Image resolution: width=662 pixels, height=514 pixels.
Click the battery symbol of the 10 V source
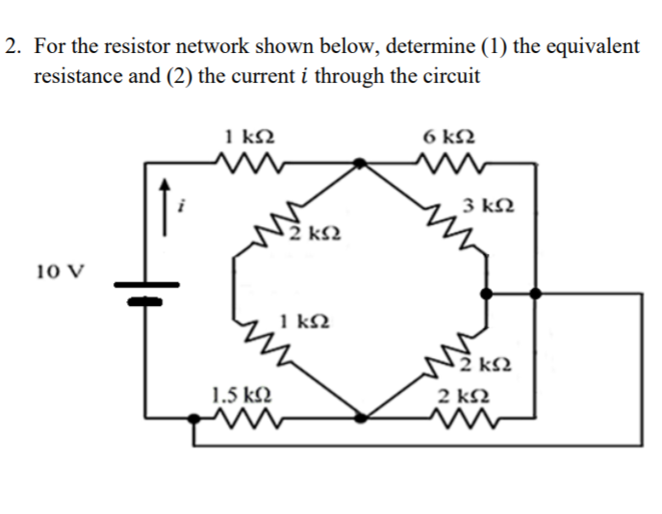tap(145, 291)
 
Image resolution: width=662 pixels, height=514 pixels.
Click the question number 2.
tap(11, 47)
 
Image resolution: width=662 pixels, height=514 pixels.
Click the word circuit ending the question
tap(448, 76)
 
